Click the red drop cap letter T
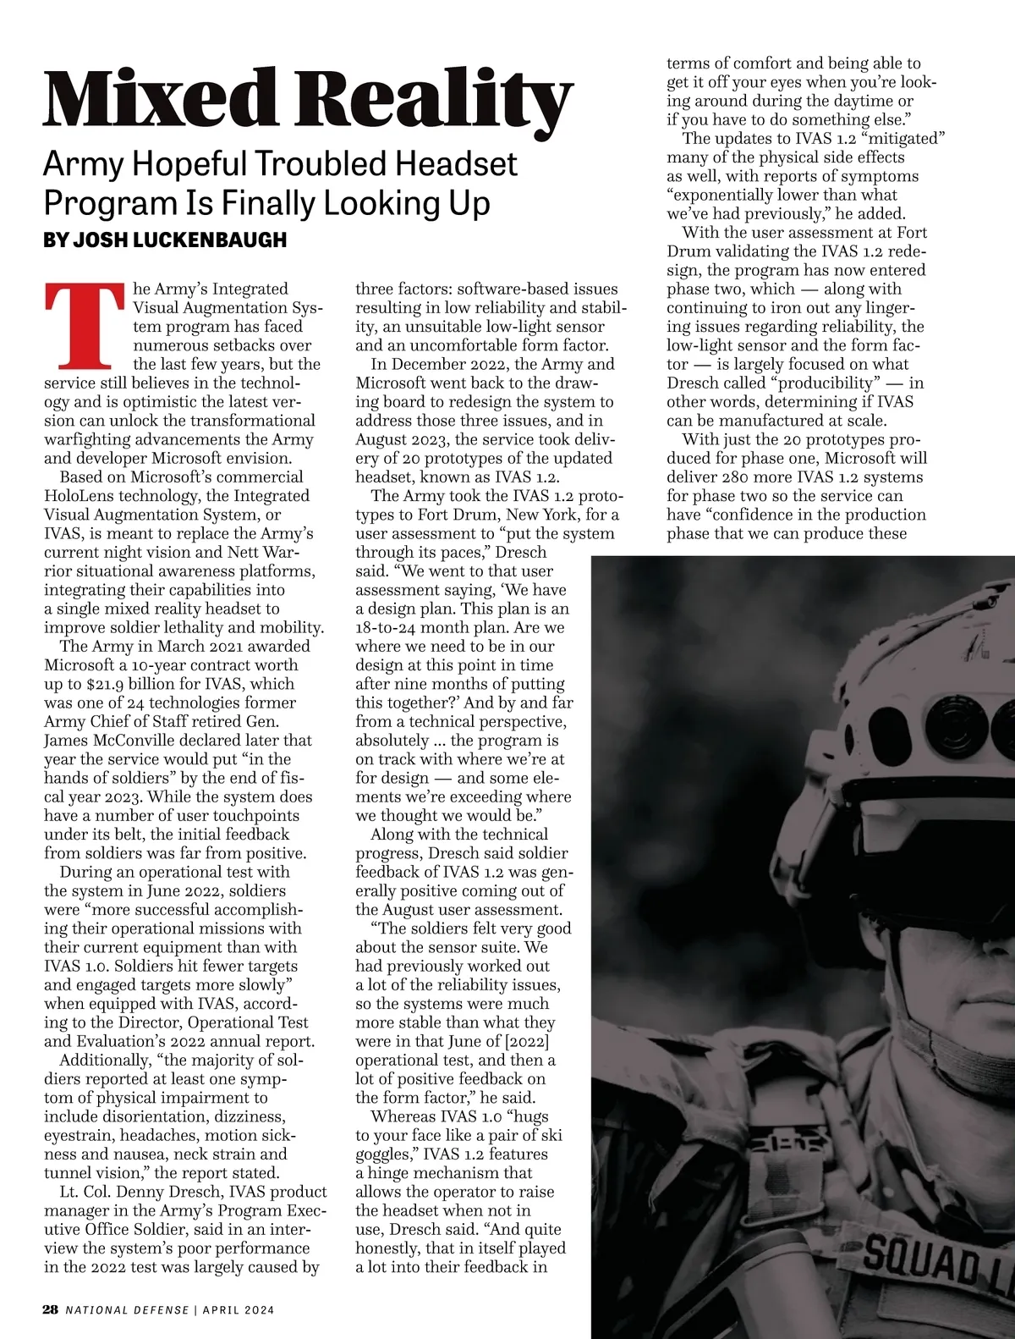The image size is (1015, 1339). pyautogui.click(x=85, y=326)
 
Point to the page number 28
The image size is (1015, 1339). pyautogui.click(x=51, y=1309)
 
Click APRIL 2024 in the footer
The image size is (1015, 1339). pyautogui.click(x=239, y=1309)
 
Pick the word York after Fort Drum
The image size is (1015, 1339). pyautogui.click(x=545, y=515)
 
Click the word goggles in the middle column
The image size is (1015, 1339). pyautogui.click(x=387, y=1154)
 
